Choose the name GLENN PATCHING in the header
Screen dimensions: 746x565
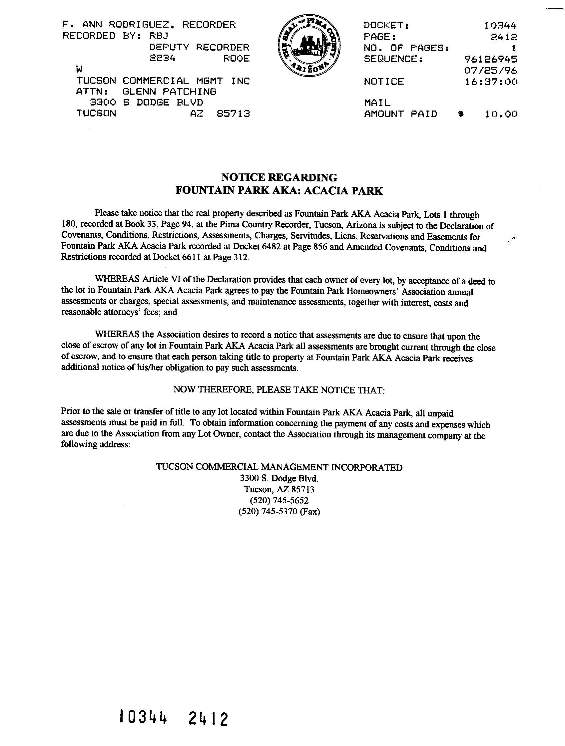point(170,92)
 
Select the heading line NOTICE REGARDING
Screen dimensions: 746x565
point(279,177)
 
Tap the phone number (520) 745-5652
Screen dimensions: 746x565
point(279,500)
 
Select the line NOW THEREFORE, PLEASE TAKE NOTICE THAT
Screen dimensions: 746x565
point(279,390)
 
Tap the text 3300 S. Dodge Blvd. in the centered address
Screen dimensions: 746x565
point(279,478)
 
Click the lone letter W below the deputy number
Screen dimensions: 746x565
point(79,70)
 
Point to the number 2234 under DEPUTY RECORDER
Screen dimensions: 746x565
point(162,58)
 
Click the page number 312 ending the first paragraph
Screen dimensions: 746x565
point(240,257)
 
